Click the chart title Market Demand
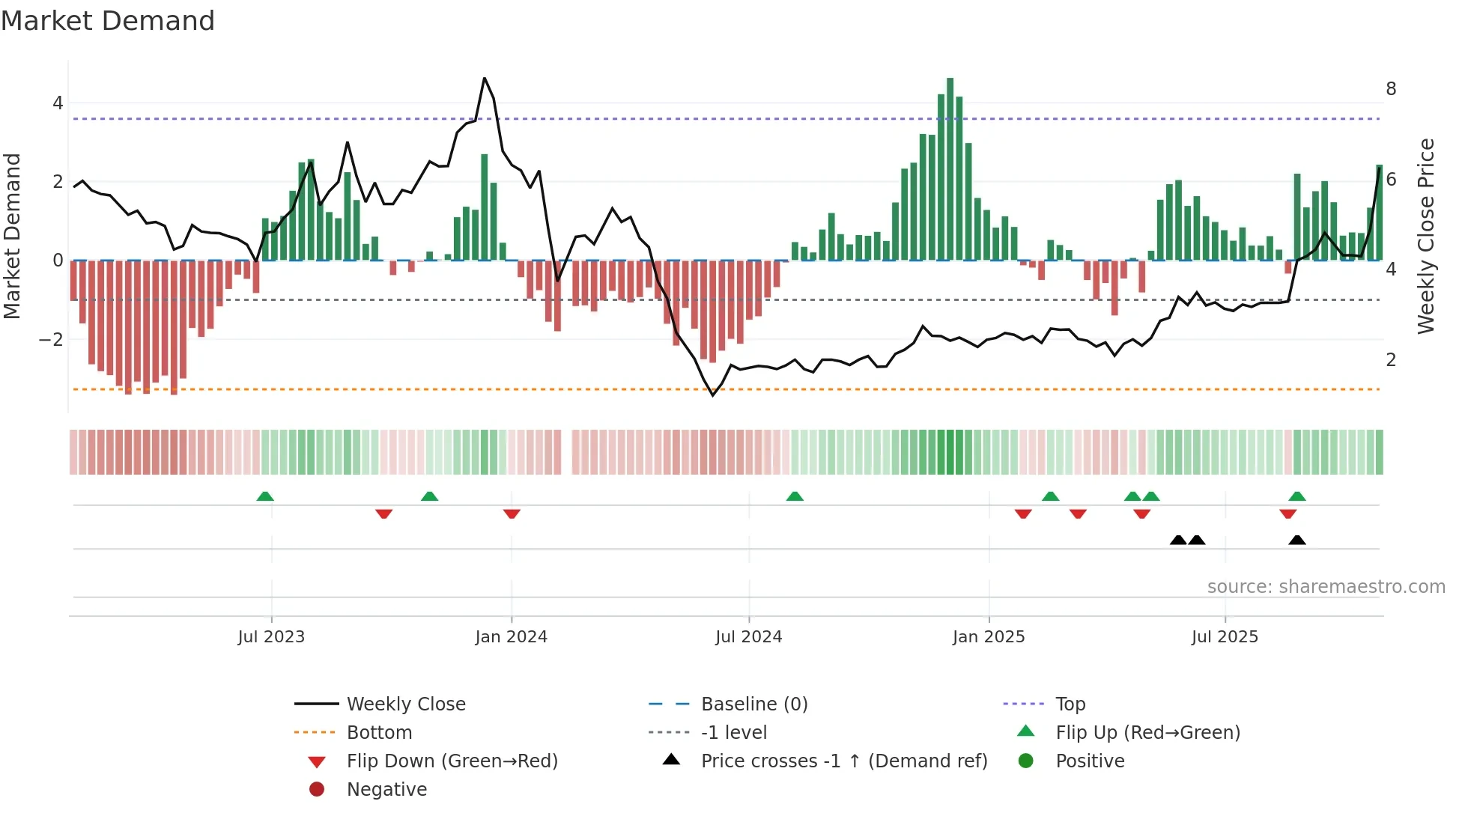coord(108,21)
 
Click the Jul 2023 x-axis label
coord(271,637)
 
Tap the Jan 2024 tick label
coord(511,637)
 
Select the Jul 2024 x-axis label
coord(748,637)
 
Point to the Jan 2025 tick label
coord(988,637)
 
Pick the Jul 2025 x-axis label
coord(1225,637)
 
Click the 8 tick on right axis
coord(1391,89)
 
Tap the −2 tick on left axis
coord(51,339)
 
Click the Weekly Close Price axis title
coord(1426,236)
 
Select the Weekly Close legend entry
coord(405,704)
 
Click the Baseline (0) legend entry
coord(753,704)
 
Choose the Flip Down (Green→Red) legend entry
coord(452,761)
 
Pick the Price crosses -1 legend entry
coord(843,761)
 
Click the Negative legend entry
coord(386,790)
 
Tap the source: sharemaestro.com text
coord(1326,587)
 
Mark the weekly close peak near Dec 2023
coord(485,79)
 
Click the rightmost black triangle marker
coord(1297,541)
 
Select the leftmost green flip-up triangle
coord(265,496)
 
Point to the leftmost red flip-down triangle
coord(383,514)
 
